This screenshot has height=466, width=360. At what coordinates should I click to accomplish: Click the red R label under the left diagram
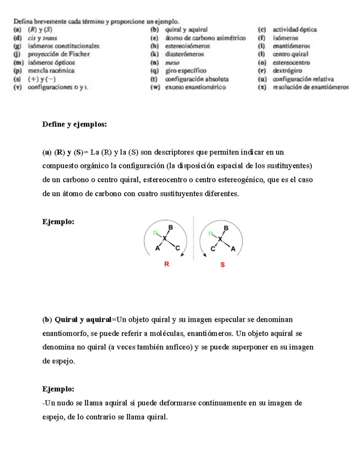click(x=166, y=264)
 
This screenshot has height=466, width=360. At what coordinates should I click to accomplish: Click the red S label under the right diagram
click(x=222, y=265)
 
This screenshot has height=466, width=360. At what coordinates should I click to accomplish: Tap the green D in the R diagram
click(x=155, y=233)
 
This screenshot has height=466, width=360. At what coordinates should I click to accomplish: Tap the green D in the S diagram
click(x=210, y=233)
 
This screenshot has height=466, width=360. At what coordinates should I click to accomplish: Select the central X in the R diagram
click(x=164, y=239)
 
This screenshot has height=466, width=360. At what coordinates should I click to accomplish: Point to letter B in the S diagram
click(x=226, y=228)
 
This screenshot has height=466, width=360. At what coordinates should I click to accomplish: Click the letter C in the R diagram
click(x=177, y=248)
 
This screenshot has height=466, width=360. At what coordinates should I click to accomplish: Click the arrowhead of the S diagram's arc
click(x=205, y=255)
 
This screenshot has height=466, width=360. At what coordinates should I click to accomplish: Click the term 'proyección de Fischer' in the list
click(x=59, y=54)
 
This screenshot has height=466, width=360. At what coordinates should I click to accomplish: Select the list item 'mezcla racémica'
click(x=51, y=71)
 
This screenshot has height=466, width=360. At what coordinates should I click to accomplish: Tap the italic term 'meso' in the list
click(x=172, y=63)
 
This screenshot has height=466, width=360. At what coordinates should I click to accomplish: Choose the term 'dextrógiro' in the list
click(x=287, y=71)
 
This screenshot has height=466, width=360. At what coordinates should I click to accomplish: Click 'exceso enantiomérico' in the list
click(x=195, y=87)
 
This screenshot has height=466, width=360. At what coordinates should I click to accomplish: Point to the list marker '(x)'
click(x=262, y=87)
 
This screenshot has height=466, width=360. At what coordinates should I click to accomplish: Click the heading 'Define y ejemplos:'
click(x=74, y=124)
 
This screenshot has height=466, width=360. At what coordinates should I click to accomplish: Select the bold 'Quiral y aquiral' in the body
click(x=83, y=320)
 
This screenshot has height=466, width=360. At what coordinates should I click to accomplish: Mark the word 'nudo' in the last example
click(x=65, y=403)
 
